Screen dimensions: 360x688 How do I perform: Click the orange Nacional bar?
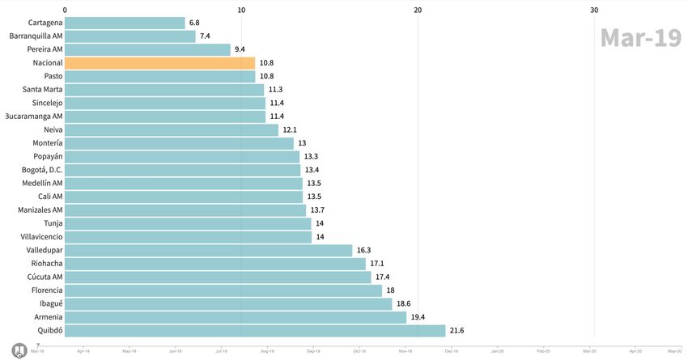[159, 63]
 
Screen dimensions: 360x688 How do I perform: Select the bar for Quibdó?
[255, 331]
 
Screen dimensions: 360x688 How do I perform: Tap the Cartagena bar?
[125, 23]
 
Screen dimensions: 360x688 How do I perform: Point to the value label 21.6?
[457, 331]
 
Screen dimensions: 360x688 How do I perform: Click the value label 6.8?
[195, 23]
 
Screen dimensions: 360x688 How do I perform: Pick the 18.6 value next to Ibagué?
[404, 304]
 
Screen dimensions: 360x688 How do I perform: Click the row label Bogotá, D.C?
[42, 170]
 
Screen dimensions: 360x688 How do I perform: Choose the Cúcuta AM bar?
[218, 277]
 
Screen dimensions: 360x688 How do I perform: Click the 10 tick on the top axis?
[241, 10]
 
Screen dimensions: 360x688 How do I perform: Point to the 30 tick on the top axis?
[594, 10]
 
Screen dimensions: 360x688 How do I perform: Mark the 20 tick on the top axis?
[418, 10]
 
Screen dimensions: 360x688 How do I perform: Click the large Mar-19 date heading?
[640, 38]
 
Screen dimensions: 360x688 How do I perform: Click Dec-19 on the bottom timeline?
[451, 351]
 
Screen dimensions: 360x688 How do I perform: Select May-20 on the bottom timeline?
[673, 351]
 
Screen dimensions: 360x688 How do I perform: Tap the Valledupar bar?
[208, 251]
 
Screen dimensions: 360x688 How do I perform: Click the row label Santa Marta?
[43, 90]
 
